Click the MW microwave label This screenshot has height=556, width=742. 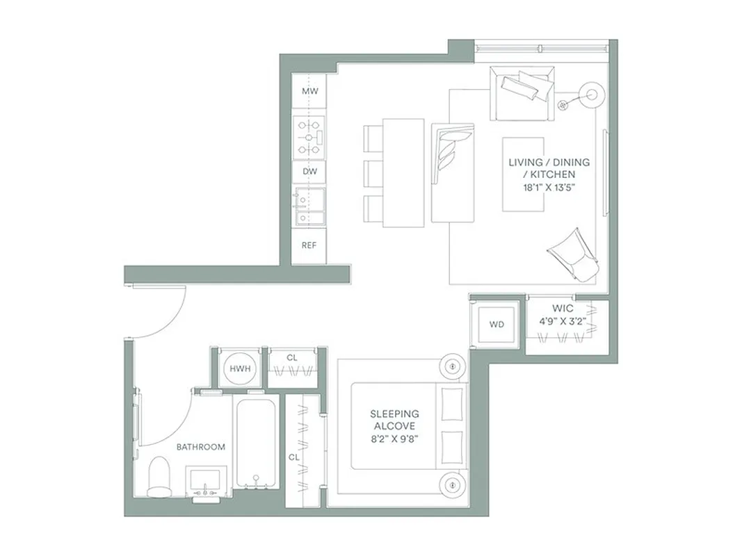tap(309, 91)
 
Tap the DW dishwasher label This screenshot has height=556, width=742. tap(309, 170)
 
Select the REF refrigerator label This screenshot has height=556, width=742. tap(309, 245)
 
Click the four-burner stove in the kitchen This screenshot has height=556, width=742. tap(309, 137)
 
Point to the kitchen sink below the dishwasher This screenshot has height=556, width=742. tap(309, 207)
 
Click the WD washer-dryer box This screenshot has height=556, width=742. tap(497, 325)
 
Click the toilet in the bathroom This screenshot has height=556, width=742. tap(160, 477)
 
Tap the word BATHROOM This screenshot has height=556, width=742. tap(200, 447)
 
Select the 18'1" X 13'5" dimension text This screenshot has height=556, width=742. tap(549, 187)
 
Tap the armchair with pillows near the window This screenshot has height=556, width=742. tap(522, 92)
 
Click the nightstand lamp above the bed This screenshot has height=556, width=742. tap(452, 364)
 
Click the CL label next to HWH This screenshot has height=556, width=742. tap(292, 358)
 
